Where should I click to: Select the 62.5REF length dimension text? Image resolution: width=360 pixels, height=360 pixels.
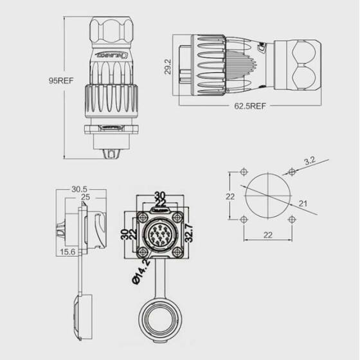249,104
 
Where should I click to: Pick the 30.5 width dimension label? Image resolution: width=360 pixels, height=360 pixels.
79,189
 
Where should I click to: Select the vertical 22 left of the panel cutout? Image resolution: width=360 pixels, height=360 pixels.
230,197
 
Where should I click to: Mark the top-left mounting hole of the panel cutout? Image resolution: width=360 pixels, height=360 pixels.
244,172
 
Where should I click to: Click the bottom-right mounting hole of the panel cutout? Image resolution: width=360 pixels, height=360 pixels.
292,221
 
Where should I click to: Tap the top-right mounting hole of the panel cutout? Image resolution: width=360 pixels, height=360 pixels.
292,172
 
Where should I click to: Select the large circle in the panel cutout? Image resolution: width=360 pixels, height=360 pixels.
268,196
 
